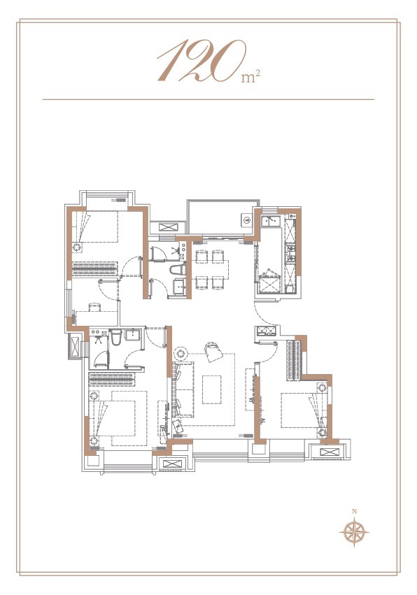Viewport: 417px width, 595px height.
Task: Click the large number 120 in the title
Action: point(202,61)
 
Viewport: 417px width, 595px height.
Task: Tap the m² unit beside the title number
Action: point(250,77)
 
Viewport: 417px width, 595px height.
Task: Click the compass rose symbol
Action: point(354,532)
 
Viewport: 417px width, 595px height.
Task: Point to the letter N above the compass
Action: point(354,511)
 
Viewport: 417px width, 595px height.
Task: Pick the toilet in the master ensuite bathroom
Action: point(117,337)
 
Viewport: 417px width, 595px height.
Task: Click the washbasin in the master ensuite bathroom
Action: point(132,335)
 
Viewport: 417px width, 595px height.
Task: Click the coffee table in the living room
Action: point(211,389)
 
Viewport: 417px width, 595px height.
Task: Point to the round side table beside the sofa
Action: point(181,354)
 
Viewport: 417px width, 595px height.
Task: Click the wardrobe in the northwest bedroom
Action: point(94,268)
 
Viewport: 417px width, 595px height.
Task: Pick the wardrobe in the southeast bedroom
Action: point(295,360)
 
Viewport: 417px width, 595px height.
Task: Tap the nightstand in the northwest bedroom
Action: point(77,248)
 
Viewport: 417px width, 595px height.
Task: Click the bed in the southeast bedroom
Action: point(304,410)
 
